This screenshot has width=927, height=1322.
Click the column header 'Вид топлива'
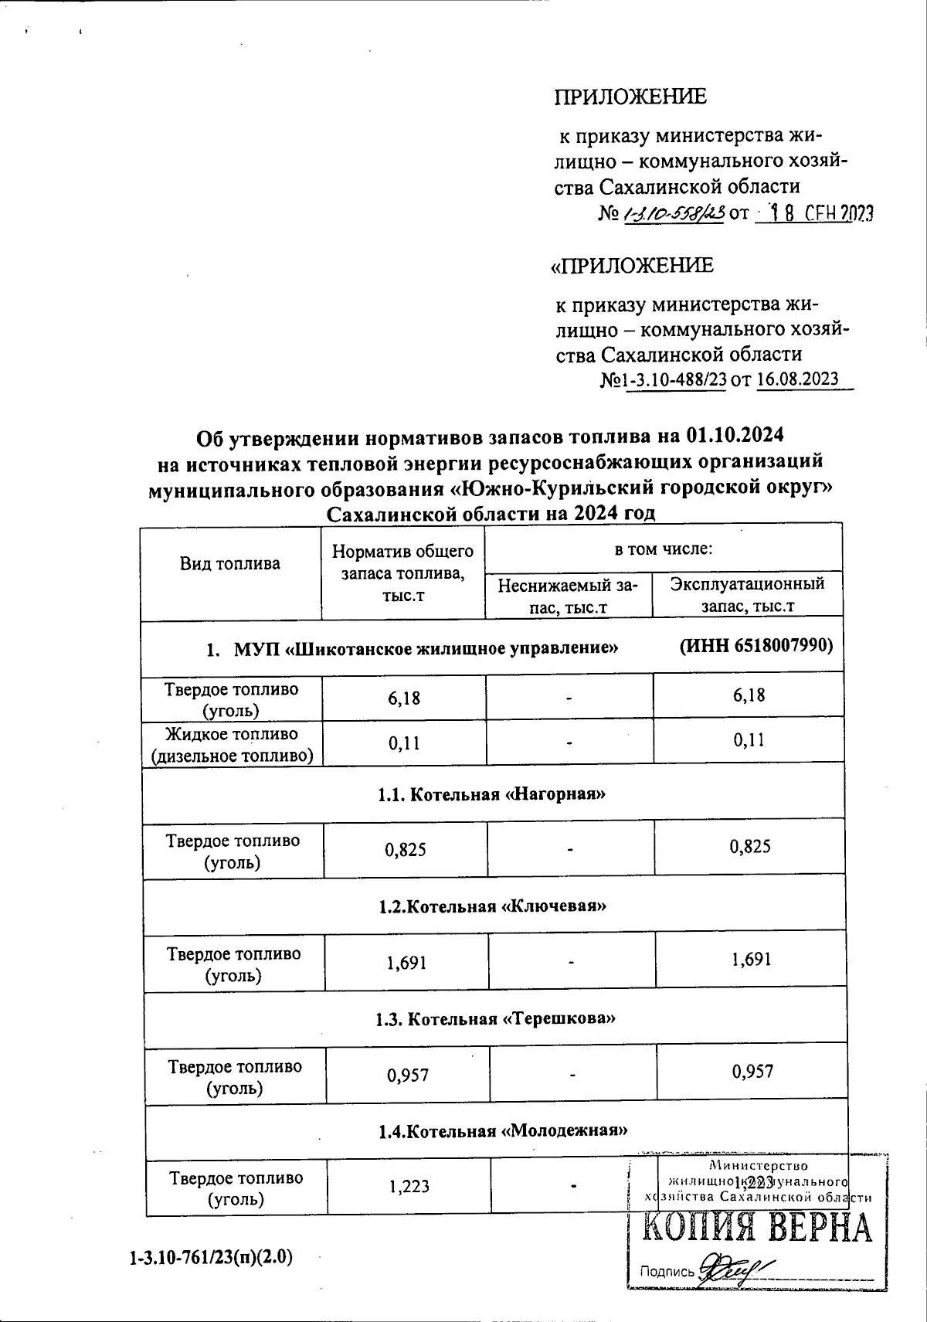(230, 564)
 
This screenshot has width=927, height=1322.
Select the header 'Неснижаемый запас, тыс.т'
(568, 596)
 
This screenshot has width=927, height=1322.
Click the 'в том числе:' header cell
(663, 549)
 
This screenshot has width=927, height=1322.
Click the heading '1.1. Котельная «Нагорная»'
(492, 794)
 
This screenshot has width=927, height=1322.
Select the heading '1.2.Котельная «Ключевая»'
(492, 906)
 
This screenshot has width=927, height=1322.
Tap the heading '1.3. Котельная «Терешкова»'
(495, 1019)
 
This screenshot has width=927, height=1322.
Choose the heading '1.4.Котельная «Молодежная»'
(502, 1131)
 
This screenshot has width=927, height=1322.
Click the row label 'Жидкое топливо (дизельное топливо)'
(232, 744)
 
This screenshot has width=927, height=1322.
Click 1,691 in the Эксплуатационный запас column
(750, 960)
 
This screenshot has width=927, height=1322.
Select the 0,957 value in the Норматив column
(408, 1074)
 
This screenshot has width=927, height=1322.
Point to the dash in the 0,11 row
(569, 743)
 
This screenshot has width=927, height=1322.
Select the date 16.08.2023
(798, 379)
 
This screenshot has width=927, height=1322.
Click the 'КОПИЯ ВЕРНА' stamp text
(757, 1229)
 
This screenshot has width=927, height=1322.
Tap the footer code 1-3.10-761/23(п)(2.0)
(211, 1257)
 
